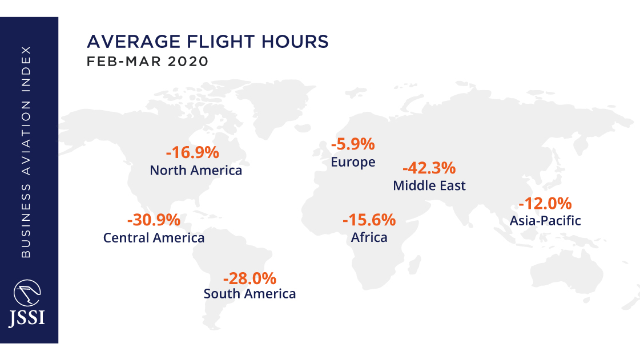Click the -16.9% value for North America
click(192, 153)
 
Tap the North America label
click(196, 171)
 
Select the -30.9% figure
click(154, 220)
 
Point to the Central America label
click(154, 237)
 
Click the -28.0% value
click(249, 278)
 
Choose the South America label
click(249, 294)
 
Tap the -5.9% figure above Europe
click(353, 144)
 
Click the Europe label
click(353, 162)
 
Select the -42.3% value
click(429, 168)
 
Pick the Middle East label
click(429, 185)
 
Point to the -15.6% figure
click(369, 220)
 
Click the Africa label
click(369, 237)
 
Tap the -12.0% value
click(545, 203)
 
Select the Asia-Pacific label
click(545, 220)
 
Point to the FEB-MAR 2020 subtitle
click(147, 62)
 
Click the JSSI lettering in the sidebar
click(27, 317)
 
